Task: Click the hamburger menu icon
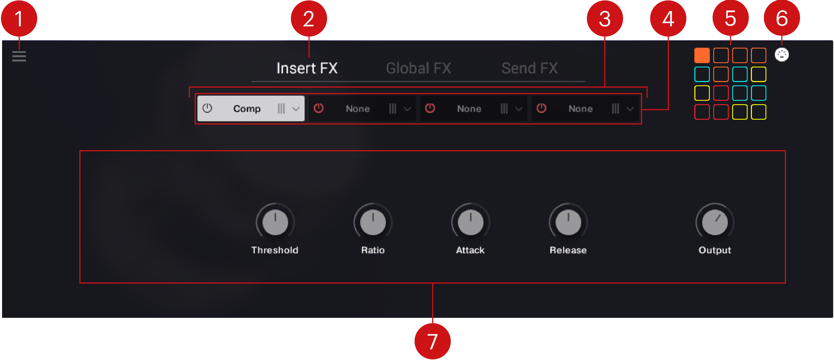click(x=19, y=56)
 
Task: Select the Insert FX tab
click(x=307, y=68)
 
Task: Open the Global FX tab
click(x=418, y=68)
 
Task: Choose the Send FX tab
click(x=530, y=68)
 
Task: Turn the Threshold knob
click(x=275, y=222)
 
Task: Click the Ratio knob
click(x=373, y=222)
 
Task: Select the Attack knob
click(x=471, y=222)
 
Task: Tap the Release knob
click(x=568, y=222)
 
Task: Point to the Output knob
click(x=715, y=222)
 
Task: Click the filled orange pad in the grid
click(x=702, y=55)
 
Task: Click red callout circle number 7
click(x=433, y=341)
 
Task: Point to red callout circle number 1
click(x=19, y=19)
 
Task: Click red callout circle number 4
click(x=668, y=19)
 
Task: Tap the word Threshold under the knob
click(x=275, y=250)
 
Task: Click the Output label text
click(x=715, y=250)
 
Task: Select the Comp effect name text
click(x=247, y=109)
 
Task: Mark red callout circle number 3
click(x=605, y=19)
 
